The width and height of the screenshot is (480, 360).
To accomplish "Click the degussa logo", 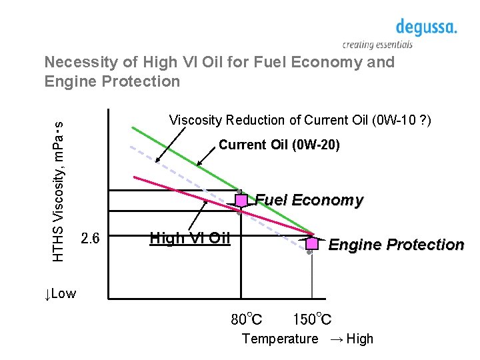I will [x=426, y=27].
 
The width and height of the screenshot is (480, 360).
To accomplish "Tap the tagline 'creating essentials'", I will [x=377, y=45].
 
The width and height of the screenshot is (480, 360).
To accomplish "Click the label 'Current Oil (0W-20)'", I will [x=279, y=145].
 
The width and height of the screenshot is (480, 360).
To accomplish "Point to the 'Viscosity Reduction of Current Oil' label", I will [x=300, y=121].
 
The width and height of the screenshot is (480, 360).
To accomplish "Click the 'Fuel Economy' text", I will [x=309, y=200].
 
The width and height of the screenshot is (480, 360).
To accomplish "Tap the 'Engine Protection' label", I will [x=396, y=245].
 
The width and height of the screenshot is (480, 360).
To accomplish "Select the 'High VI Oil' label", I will [x=189, y=238].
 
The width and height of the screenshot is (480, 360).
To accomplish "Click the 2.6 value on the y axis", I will [x=90, y=238].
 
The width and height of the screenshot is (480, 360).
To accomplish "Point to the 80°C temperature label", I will [x=246, y=319].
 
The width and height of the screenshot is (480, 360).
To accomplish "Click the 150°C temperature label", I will [x=312, y=319].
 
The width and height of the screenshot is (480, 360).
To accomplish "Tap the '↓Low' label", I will [x=60, y=294].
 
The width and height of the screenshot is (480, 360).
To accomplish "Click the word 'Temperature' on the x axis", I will [x=280, y=339].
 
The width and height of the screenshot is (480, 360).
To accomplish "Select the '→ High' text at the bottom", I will [x=351, y=339].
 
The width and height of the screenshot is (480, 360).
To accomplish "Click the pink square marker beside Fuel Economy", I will [x=241, y=199].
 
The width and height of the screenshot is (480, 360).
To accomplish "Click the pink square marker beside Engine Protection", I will [x=311, y=243].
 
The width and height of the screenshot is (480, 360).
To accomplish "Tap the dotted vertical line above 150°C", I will [x=311, y=280].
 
